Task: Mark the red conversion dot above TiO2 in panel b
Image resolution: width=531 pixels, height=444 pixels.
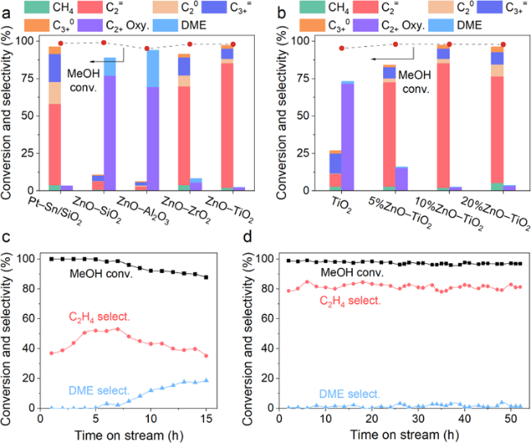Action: (342, 49)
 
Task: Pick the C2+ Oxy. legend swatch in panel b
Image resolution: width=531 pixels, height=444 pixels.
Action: (390, 25)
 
